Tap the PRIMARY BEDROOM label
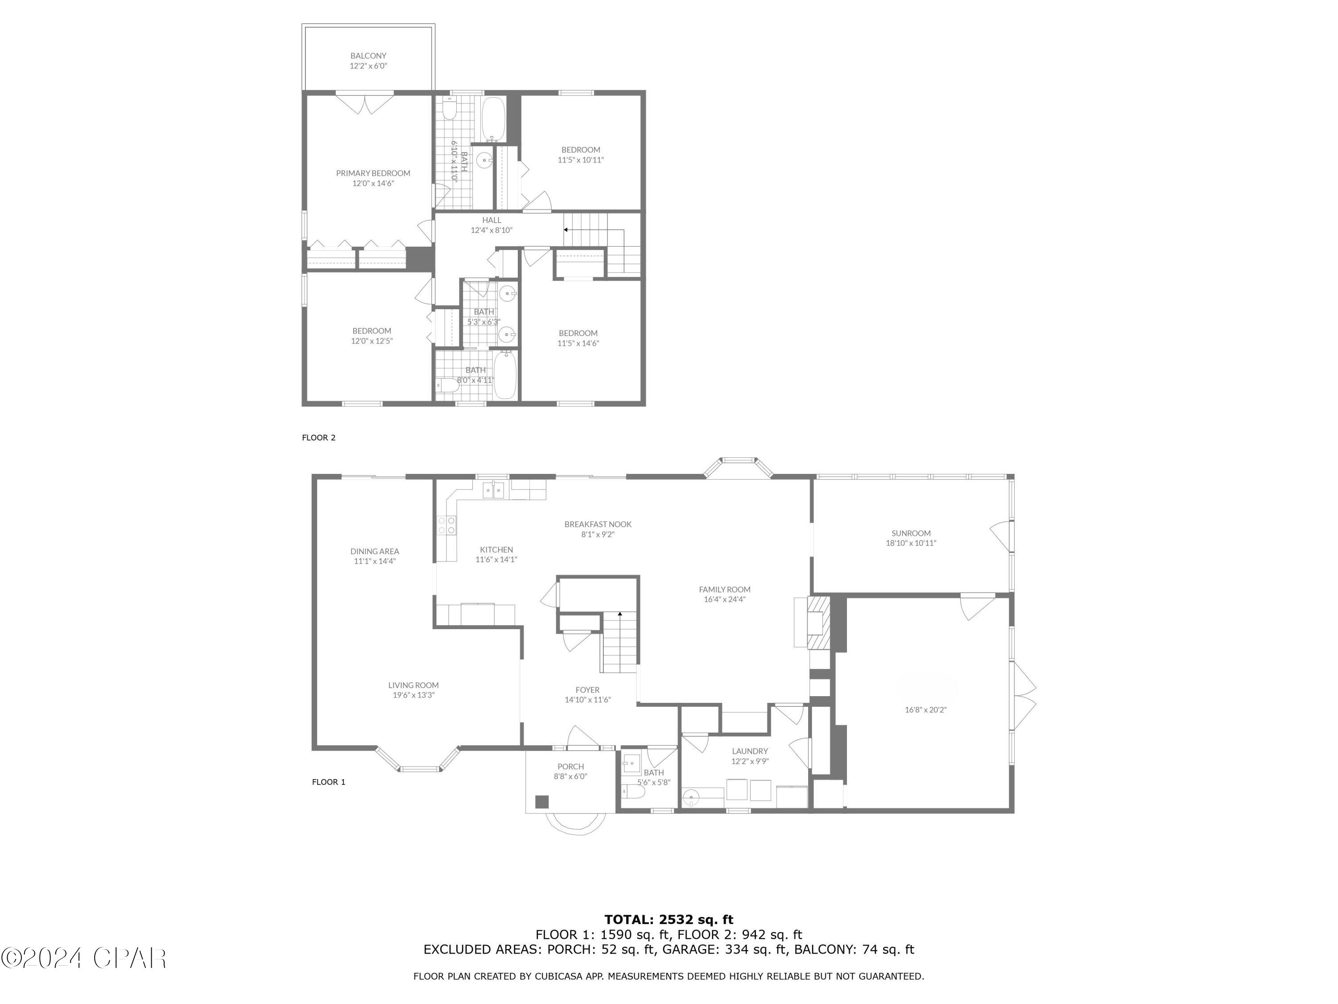373,173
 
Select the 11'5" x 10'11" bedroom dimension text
580,160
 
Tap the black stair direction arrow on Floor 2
566,230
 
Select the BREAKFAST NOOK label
598,524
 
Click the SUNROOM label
910,533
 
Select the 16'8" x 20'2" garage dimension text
925,710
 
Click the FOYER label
587,690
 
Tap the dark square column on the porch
541,802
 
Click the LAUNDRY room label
749,751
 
